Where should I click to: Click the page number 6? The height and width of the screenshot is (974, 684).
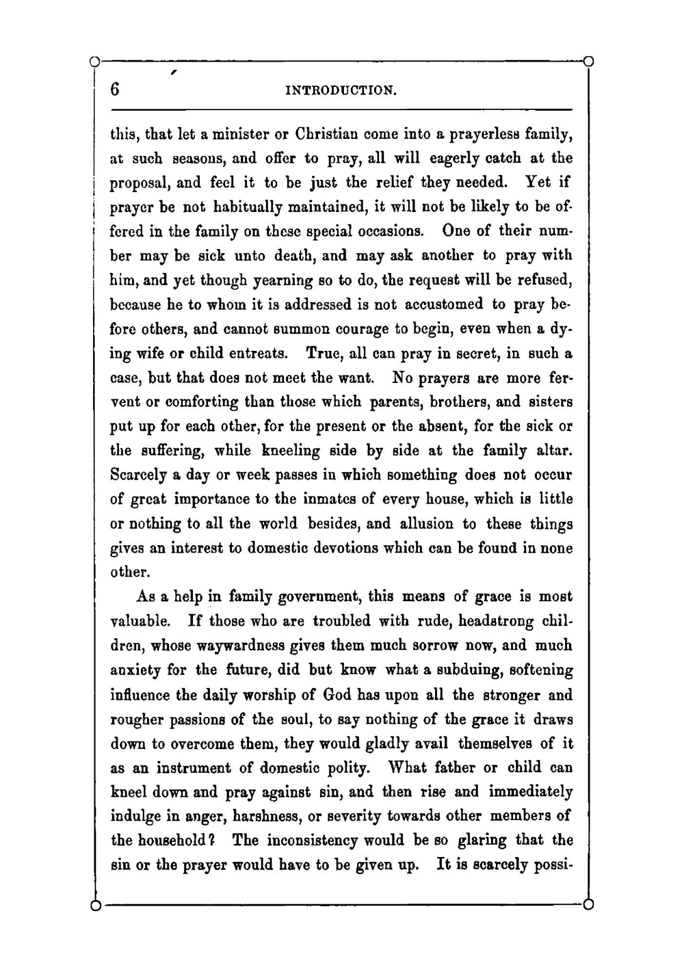[115, 90]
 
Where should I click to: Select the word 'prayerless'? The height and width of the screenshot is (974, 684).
[493, 134]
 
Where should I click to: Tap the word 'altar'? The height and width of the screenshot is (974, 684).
[553, 450]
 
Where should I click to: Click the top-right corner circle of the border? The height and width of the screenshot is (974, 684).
[588, 62]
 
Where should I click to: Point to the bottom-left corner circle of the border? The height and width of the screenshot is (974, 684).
[96, 906]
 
